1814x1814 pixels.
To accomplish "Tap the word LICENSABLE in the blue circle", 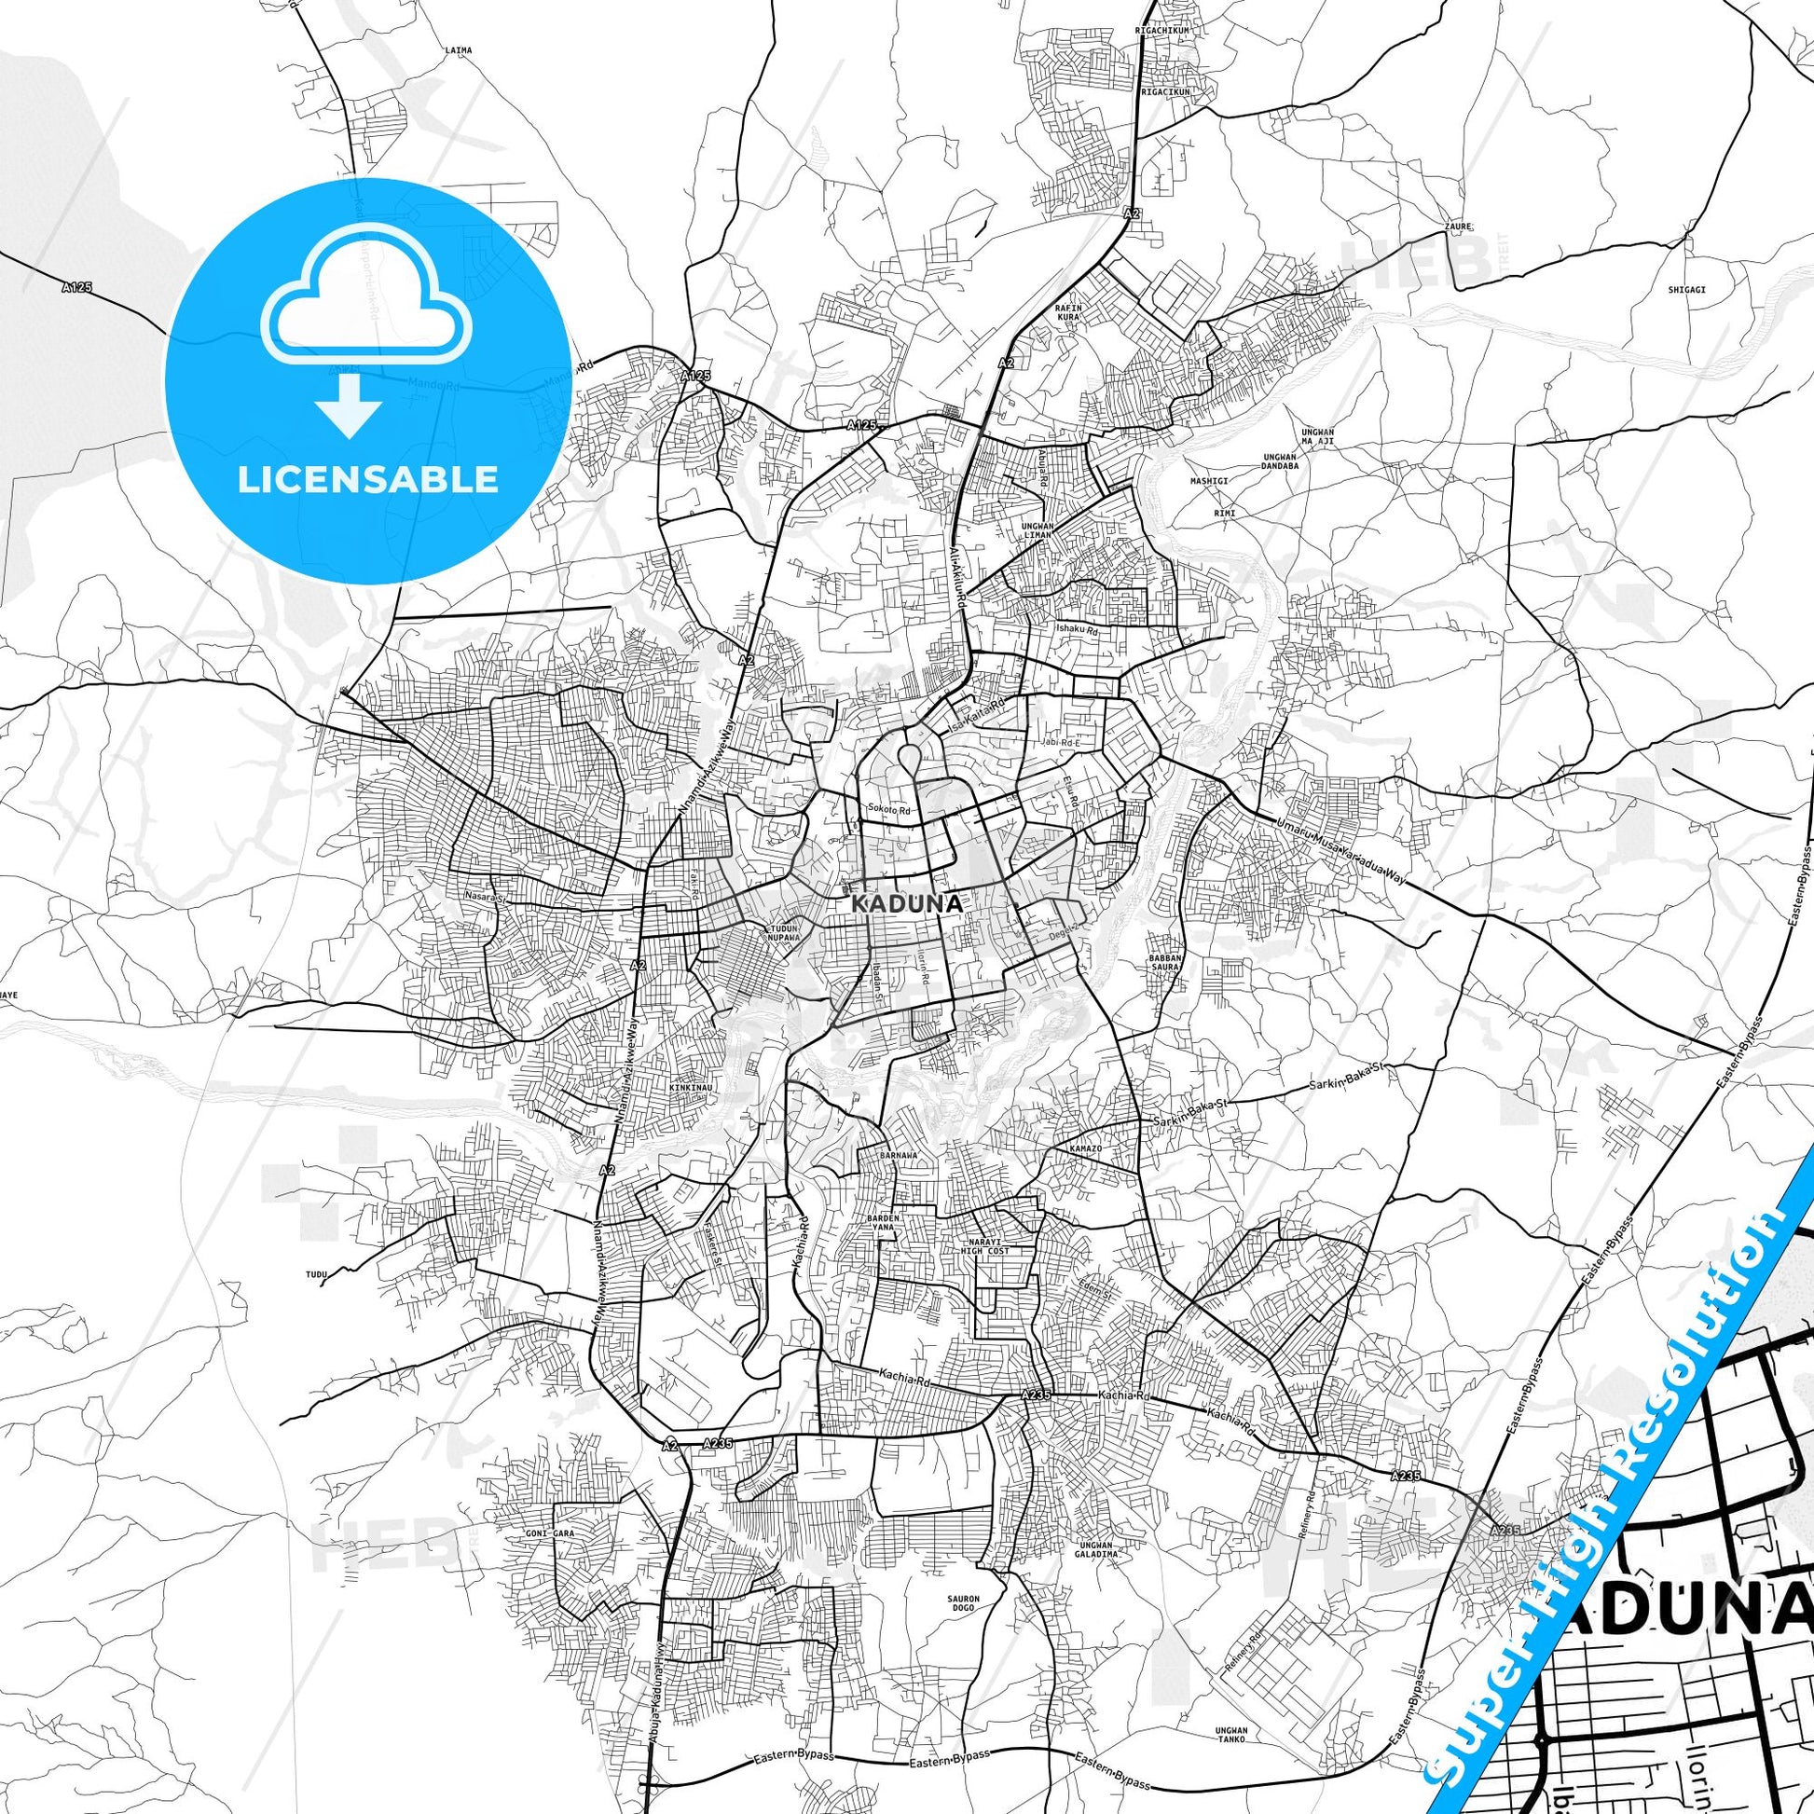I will pos(367,480).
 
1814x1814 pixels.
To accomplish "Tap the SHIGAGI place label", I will pos(1686,289).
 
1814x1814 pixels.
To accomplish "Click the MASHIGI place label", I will pos(1208,480).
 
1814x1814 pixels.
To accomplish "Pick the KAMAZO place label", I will pos(1085,1149).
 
